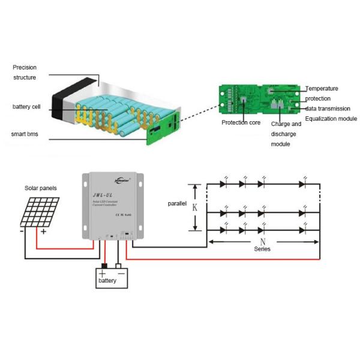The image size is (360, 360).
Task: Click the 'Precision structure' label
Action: (25, 73)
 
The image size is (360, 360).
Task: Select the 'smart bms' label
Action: (25, 133)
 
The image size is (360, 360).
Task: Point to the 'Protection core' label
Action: (241, 122)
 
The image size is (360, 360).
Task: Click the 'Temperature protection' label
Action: (322, 93)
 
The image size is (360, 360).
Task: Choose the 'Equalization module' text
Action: (331, 119)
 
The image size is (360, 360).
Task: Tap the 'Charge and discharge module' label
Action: (286, 134)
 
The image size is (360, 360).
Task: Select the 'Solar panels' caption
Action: (41, 188)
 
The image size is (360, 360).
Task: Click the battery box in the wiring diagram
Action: (113, 277)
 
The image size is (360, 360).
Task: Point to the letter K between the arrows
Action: (194, 208)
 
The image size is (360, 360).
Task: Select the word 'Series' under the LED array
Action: (262, 248)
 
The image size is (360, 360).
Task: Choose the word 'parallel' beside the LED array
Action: (177, 203)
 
